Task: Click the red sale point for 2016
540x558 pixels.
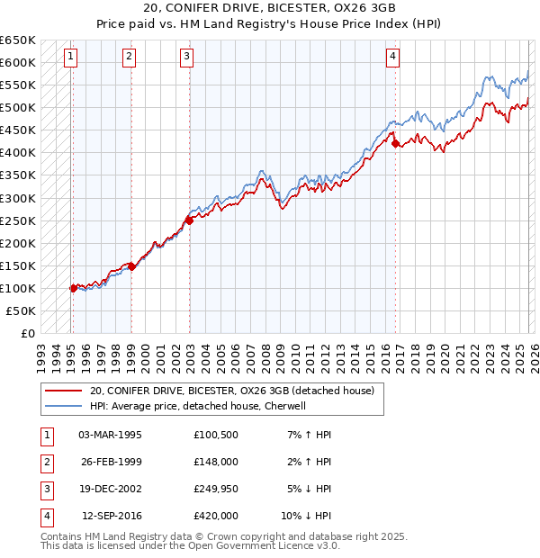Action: click(x=394, y=142)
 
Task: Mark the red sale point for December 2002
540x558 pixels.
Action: click(x=189, y=220)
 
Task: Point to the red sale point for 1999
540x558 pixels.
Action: click(x=131, y=265)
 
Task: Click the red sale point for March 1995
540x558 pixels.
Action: click(x=73, y=288)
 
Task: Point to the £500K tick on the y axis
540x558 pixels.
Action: click(x=19, y=108)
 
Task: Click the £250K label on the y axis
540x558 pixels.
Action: click(x=19, y=220)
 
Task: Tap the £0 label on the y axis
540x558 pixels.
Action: click(x=27, y=333)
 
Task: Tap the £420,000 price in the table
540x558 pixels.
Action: click(x=215, y=516)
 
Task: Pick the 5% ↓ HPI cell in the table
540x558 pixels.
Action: click(x=306, y=489)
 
